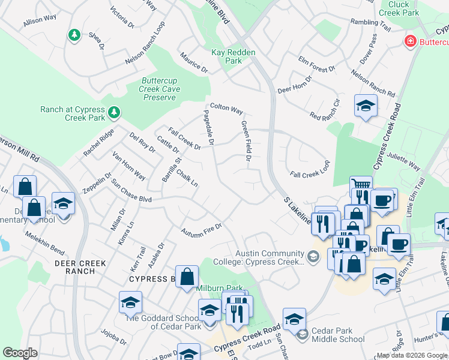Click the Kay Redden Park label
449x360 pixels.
coord(234,56)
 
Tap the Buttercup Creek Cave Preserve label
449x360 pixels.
coord(159,89)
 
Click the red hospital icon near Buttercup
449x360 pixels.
coord(411,41)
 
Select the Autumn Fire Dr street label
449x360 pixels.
coord(202,229)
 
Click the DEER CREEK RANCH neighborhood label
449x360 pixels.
coord(80,267)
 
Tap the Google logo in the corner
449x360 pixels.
coord(20,352)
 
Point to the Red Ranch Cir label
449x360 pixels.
coord(325,107)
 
